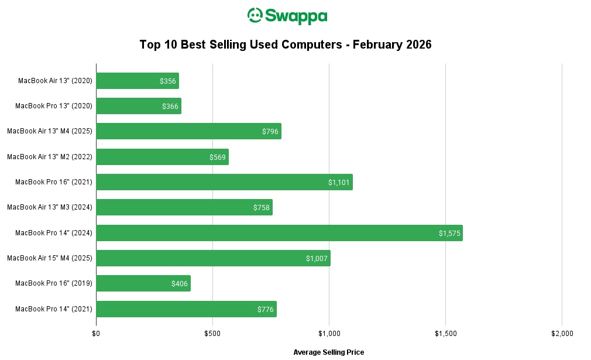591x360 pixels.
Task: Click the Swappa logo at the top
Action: coord(287,16)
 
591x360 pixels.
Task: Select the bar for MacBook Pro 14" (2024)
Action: coord(279,233)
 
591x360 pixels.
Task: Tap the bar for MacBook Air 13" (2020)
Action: coord(137,81)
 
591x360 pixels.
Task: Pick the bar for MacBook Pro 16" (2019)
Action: coord(143,283)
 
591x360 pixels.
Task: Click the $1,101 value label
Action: coord(339,183)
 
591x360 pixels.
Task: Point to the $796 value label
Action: coord(270,132)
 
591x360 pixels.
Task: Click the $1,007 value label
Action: coord(317,259)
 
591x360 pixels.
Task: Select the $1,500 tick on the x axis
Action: coord(445,334)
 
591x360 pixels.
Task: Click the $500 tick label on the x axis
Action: coord(212,334)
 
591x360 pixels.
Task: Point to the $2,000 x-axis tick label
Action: coord(562,334)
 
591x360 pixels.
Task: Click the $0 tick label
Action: coord(96,334)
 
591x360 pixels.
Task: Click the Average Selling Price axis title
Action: coord(328,352)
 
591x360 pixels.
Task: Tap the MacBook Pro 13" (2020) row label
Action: coord(54,106)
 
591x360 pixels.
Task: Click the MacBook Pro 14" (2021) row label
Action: coord(54,308)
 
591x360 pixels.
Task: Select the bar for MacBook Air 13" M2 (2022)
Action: coord(162,157)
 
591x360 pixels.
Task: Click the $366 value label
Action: coord(170,107)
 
